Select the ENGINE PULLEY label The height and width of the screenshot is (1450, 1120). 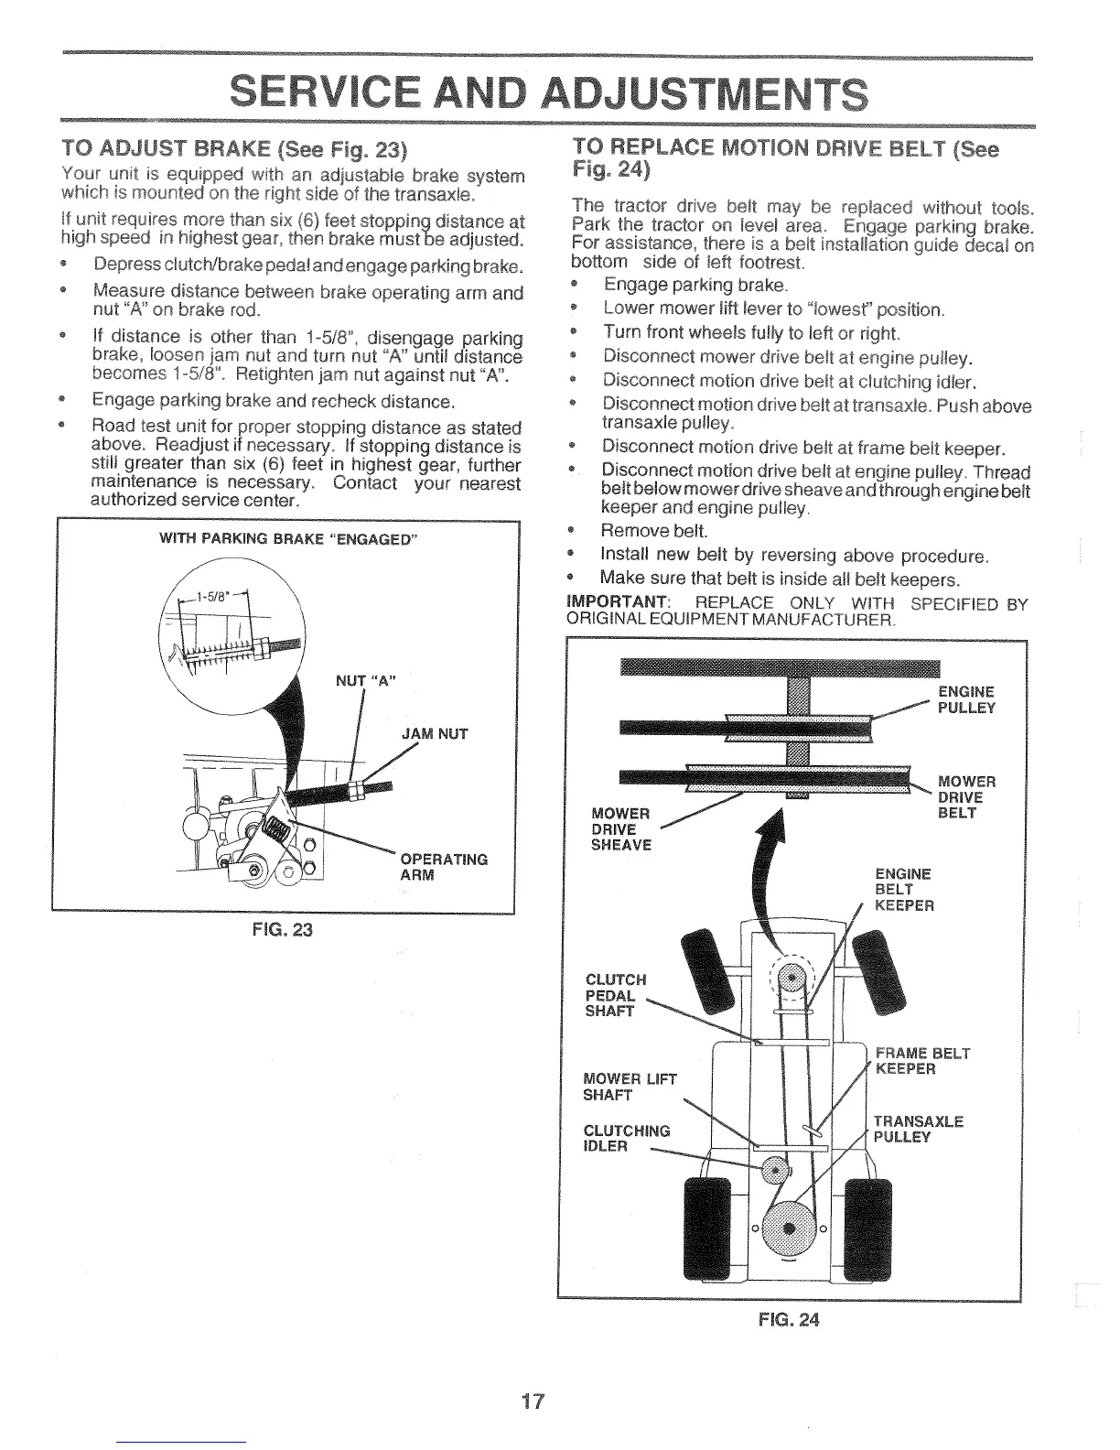(966, 699)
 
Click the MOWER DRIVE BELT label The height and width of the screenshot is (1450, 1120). (966, 796)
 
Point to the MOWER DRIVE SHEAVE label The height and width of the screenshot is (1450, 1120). (621, 828)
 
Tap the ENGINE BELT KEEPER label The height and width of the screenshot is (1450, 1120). (903, 889)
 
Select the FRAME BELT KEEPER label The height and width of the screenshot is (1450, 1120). (921, 1061)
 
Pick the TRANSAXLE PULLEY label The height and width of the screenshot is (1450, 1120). (917, 1130)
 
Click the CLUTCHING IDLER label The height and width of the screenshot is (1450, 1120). (626, 1139)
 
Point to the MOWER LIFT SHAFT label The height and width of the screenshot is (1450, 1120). (629, 1087)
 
